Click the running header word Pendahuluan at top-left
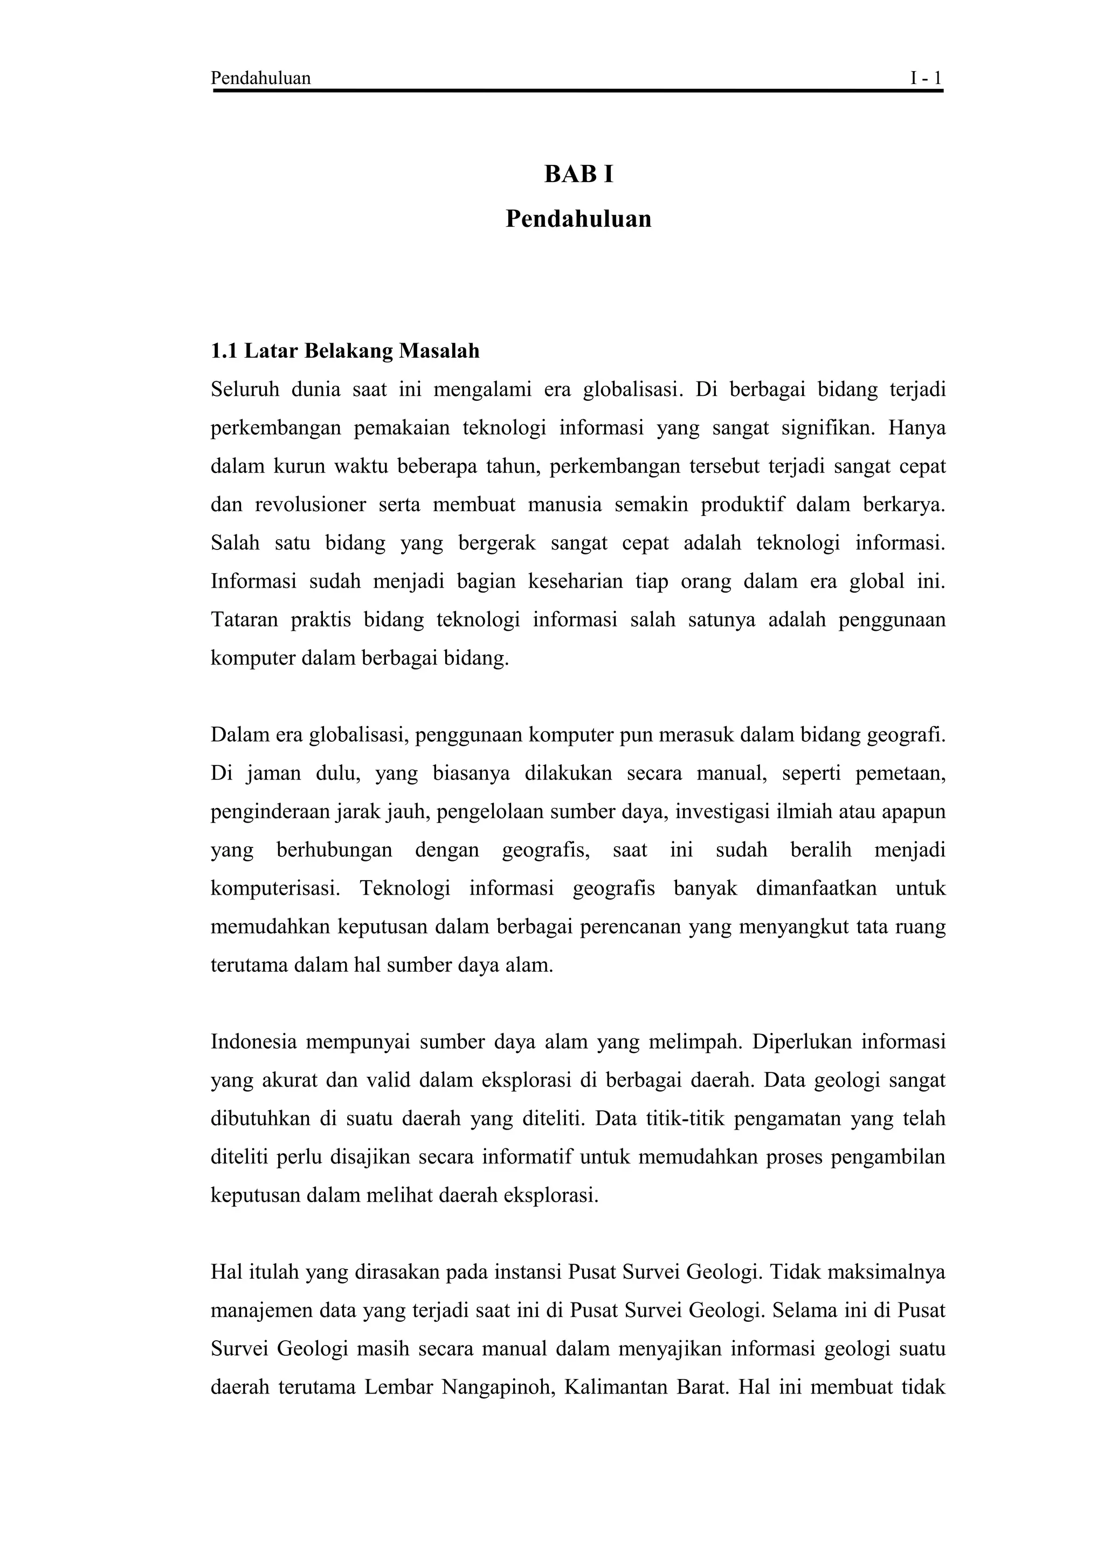[x=260, y=78]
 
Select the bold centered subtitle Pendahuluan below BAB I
[x=578, y=219]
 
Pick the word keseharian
[x=576, y=581]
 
